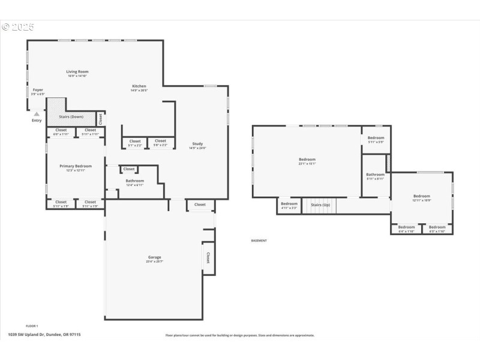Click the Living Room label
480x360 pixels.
77,71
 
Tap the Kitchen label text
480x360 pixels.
139,86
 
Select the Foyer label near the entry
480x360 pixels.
38,90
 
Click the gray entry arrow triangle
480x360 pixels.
37,113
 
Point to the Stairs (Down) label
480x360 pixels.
71,116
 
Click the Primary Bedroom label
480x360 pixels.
76,166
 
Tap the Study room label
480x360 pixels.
197,143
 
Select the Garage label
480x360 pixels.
154,257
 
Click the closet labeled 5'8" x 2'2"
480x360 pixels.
160,141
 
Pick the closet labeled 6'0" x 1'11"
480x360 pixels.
61,130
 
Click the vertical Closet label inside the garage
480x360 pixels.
208,257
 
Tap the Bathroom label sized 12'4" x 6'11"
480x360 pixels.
134,181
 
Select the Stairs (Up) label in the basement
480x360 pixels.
320,205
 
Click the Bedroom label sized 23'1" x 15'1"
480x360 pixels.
307,160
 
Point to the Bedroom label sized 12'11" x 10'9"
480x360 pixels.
421,196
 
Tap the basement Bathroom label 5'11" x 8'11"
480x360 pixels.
376,175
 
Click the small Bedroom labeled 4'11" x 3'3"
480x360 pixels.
289,204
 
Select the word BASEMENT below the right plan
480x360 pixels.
259,241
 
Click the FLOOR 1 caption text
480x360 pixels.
32,326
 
